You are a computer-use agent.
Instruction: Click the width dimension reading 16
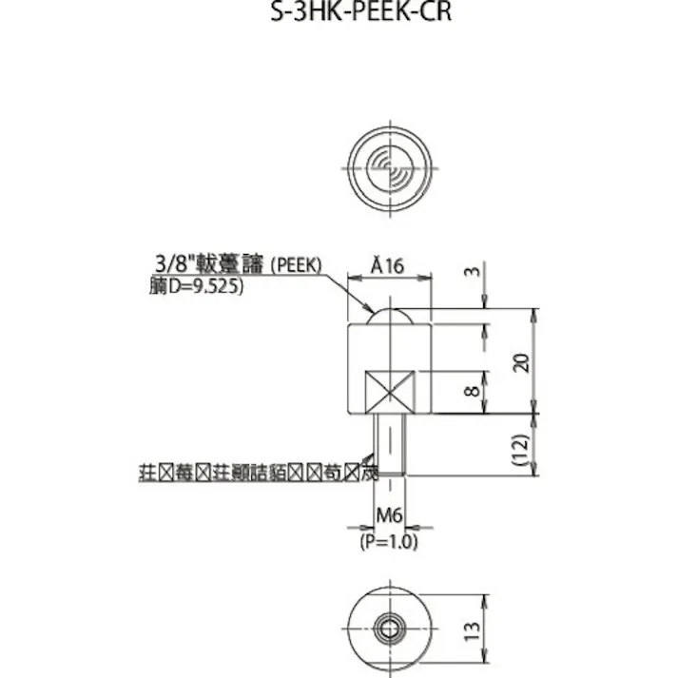397,267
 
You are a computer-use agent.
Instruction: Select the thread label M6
389,515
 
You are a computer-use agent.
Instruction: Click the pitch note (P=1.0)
388,541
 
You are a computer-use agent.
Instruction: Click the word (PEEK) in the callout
298,265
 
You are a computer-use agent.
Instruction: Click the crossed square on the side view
390,392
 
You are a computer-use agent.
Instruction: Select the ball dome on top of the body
390,316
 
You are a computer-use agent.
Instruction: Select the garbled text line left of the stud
258,471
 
